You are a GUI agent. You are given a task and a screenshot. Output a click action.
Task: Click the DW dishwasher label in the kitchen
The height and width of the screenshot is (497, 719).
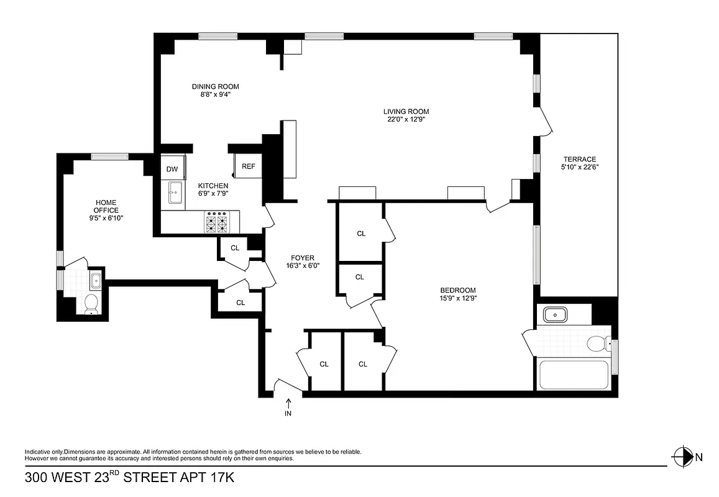coord(172,169)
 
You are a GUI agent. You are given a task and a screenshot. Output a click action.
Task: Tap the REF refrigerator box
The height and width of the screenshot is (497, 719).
coord(248,166)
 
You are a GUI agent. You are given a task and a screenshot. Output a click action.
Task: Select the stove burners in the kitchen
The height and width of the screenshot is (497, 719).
coord(218,222)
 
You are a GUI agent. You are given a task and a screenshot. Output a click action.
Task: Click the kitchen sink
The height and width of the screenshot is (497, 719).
coord(175,193)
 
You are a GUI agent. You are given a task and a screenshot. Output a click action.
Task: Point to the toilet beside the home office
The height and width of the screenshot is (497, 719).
coord(91,304)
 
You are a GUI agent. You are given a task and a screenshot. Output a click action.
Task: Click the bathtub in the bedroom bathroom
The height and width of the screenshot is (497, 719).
coord(572,375)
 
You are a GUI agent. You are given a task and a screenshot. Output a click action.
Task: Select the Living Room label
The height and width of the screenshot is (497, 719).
coord(406,112)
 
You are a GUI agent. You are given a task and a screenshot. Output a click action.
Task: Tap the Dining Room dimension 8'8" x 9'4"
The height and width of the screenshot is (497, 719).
coord(215,94)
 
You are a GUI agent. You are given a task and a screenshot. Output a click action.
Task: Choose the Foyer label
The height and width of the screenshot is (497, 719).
coord(303,258)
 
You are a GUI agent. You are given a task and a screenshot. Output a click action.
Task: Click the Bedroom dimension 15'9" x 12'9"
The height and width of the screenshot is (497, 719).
coord(458,298)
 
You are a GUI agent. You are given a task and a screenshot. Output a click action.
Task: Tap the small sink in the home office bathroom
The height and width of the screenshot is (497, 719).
coord(96,281)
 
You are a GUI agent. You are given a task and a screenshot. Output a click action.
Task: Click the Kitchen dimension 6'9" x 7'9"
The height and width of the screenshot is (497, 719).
coord(213,193)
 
